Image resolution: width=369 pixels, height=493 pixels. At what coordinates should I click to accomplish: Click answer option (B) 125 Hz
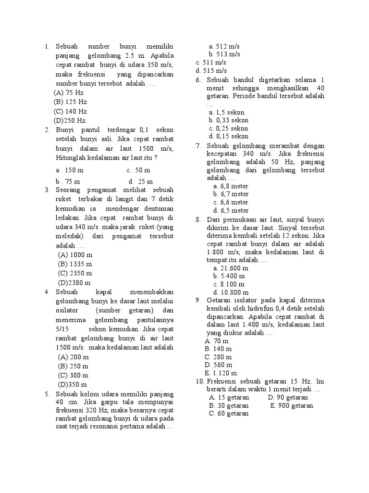[x=70, y=102]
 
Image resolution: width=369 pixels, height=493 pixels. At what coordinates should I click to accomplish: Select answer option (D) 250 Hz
[x=70, y=120]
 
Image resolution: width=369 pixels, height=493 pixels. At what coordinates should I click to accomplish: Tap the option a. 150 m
[x=70, y=170]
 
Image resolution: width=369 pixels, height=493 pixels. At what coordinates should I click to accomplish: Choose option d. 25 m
[x=140, y=182]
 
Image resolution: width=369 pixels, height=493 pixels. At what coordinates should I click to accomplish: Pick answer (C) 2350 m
[x=75, y=273]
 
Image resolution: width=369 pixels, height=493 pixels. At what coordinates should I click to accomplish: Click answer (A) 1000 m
[x=75, y=255]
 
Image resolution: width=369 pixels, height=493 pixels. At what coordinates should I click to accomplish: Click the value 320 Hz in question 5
[x=99, y=410]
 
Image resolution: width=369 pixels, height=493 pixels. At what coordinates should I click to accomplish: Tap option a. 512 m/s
[x=224, y=46]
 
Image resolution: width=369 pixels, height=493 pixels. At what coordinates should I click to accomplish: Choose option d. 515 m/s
[x=211, y=71]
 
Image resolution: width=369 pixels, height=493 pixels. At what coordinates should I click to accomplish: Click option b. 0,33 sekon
[x=228, y=120]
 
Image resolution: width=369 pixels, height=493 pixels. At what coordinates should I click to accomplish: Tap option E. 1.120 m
[x=221, y=373]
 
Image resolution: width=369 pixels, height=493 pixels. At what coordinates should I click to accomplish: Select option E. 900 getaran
[x=291, y=405]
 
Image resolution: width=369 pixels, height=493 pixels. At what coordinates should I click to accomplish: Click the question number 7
[x=198, y=146]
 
